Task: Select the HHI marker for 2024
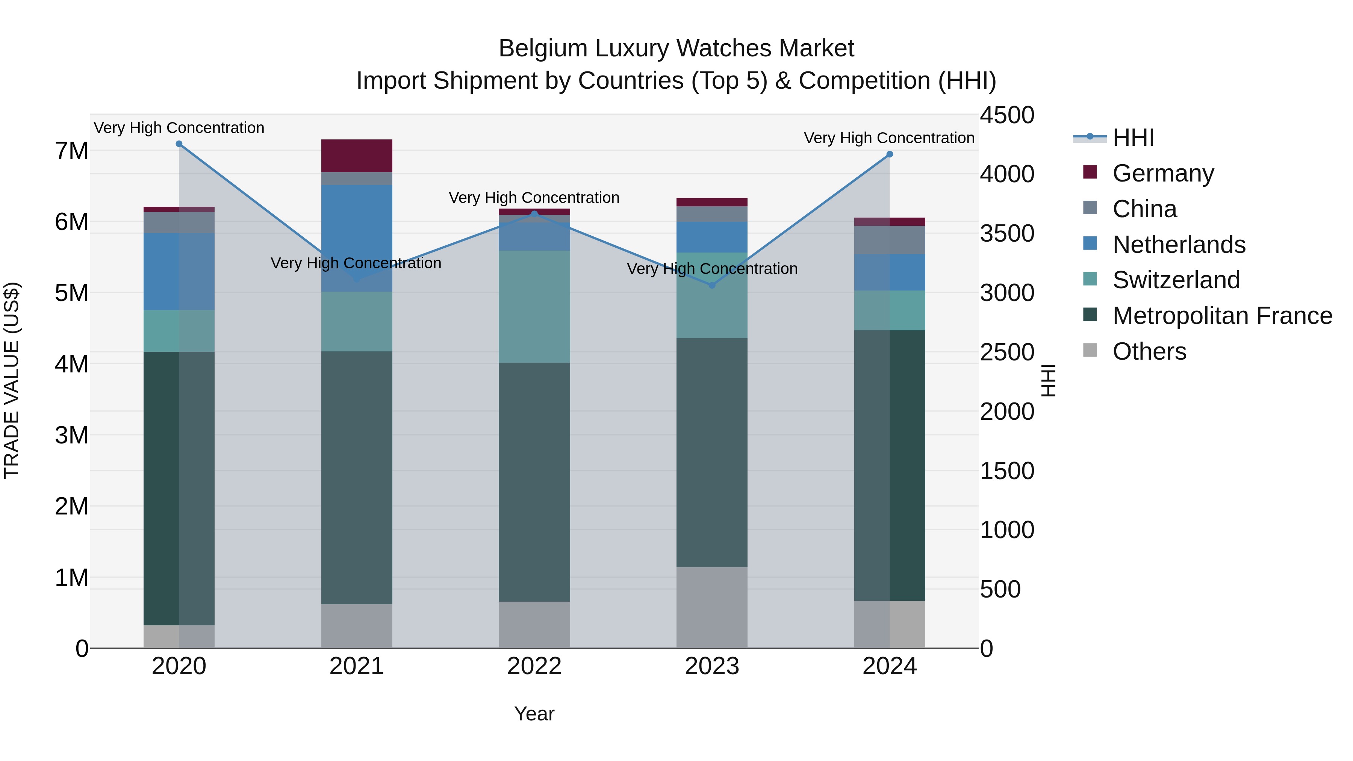tap(889, 154)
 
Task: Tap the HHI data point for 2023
tap(712, 285)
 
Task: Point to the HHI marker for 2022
tap(534, 214)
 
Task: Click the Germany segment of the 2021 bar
tap(357, 156)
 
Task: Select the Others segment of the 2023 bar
tap(712, 607)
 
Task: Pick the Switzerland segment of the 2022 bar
tap(534, 306)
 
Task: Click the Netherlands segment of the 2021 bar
tap(357, 238)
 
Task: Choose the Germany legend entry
tap(1162, 173)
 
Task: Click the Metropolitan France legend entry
tap(1222, 316)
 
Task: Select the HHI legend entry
tap(1133, 138)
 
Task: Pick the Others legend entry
tap(1149, 351)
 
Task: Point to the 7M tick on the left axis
tap(71, 151)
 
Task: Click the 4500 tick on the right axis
tap(1006, 115)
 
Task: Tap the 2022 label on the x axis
tap(534, 666)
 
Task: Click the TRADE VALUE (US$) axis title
tap(12, 380)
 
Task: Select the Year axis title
tap(534, 714)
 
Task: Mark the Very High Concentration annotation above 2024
tap(889, 138)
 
